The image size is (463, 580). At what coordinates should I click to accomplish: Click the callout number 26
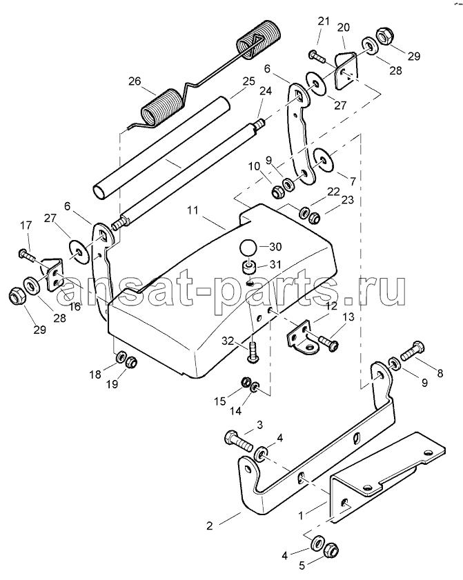tap(135, 81)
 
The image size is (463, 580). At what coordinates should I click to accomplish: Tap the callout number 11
tap(193, 210)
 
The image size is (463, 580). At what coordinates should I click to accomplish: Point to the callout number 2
tap(210, 526)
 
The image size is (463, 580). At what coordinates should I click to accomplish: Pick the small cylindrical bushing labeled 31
tap(248, 267)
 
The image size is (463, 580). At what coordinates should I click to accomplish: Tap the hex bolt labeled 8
tap(412, 351)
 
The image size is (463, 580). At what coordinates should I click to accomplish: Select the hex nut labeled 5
tap(331, 551)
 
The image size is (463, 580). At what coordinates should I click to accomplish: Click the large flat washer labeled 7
tap(324, 159)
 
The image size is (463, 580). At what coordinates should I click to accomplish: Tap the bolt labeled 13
tap(328, 342)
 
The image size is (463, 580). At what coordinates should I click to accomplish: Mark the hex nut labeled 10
tap(277, 192)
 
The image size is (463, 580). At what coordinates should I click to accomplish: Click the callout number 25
tap(249, 81)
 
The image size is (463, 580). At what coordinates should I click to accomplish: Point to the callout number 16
tap(75, 307)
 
